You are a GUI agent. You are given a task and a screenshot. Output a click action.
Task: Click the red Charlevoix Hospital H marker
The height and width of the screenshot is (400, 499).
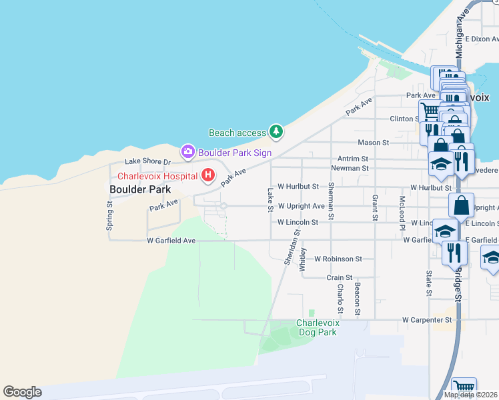(x=208, y=175)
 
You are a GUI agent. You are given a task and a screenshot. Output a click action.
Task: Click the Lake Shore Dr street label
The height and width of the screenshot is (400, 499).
(x=148, y=162)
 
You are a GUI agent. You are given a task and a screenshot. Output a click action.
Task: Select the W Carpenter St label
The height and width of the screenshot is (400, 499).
(x=427, y=320)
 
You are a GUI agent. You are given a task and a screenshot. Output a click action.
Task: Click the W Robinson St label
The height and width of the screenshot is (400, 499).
(x=338, y=258)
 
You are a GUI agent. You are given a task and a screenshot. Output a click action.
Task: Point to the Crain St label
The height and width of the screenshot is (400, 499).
(x=339, y=277)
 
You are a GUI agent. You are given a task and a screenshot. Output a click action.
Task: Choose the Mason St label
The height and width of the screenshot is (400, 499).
(x=373, y=143)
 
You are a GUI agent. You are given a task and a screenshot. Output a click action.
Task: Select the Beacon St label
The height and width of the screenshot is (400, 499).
(x=358, y=298)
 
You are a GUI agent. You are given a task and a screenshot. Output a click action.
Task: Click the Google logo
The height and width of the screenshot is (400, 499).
(x=22, y=392)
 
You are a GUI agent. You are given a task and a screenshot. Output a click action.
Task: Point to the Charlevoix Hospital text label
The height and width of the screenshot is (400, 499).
(x=157, y=176)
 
